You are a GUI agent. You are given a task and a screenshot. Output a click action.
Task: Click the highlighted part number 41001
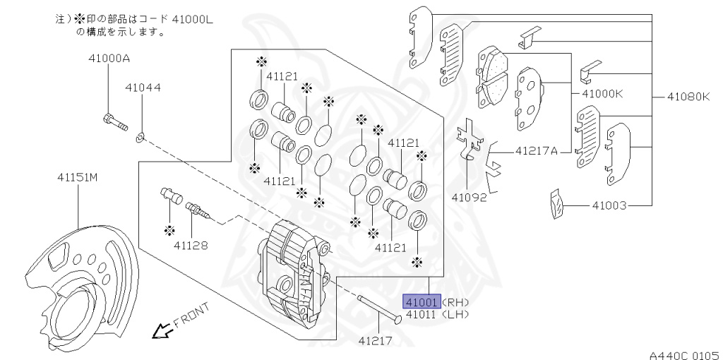tap(422, 302)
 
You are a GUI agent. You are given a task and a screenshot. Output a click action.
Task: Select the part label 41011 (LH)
tap(437, 315)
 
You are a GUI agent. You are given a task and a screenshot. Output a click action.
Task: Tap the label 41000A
tap(109, 59)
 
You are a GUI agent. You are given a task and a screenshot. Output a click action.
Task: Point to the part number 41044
tap(143, 87)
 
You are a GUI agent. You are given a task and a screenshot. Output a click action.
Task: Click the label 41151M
tap(78, 177)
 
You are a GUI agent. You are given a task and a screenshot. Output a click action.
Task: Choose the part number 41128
tap(191, 246)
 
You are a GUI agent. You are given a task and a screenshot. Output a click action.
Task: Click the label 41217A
tap(537, 150)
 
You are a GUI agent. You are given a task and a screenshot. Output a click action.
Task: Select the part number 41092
tap(469, 198)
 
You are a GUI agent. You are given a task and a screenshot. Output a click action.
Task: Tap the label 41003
tap(609, 205)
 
